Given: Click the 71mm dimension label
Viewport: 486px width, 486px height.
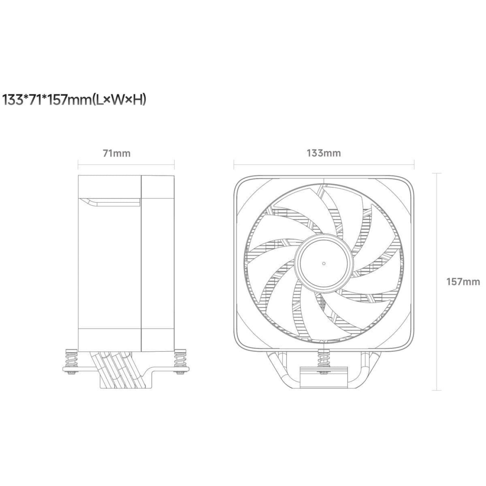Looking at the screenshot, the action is coord(117,153).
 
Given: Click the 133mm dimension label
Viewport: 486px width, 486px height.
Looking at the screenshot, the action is coord(324,153).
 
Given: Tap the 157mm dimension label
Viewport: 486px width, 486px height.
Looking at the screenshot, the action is coord(463,282).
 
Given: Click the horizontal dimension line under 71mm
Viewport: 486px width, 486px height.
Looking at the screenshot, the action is coord(126,165).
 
